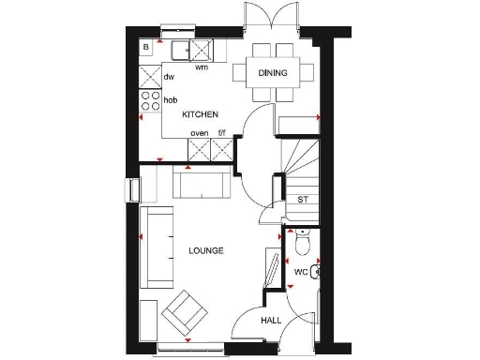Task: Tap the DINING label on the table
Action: tap(273, 72)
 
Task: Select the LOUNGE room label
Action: tap(205, 250)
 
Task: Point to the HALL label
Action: tap(271, 321)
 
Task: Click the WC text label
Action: tap(301, 272)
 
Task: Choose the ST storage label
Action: tap(302, 200)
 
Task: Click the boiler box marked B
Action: tap(147, 47)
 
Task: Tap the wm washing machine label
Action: tap(201, 67)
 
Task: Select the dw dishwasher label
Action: tap(170, 77)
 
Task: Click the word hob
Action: tap(171, 99)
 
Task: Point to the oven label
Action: tap(199, 133)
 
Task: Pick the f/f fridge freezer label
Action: tap(222, 133)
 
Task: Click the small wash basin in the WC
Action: tap(319, 272)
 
